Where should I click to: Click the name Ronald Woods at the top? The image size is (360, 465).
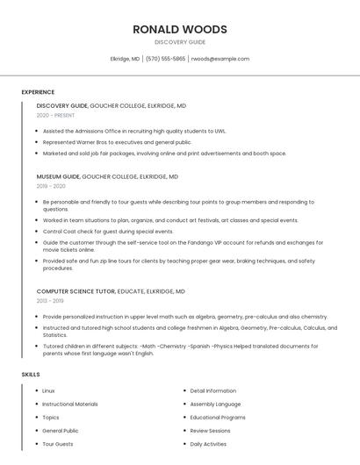pyautogui.click(x=180, y=29)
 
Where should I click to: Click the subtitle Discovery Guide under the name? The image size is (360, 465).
pyautogui.click(x=180, y=42)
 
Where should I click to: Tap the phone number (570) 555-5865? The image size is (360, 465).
pyautogui.click(x=165, y=59)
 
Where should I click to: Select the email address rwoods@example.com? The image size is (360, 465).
pyautogui.click(x=220, y=59)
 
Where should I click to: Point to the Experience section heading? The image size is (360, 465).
pyautogui.click(x=38, y=92)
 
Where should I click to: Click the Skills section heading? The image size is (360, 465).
pyautogui.click(x=31, y=375)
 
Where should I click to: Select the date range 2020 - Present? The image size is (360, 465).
pyautogui.click(x=55, y=115)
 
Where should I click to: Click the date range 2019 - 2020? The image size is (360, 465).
pyautogui.click(x=51, y=186)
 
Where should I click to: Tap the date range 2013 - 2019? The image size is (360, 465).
pyautogui.click(x=50, y=301)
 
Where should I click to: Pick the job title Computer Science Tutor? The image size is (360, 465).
pyautogui.click(x=74, y=291)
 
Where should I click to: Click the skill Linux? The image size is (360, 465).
pyautogui.click(x=48, y=390)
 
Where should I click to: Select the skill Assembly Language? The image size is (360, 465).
pyautogui.click(x=215, y=404)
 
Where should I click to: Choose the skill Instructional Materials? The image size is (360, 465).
pyautogui.click(x=70, y=404)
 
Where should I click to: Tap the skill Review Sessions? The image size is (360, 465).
pyautogui.click(x=210, y=431)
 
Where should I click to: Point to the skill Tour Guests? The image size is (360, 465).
pyautogui.click(x=58, y=445)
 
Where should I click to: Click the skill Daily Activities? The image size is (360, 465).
pyautogui.click(x=208, y=445)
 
